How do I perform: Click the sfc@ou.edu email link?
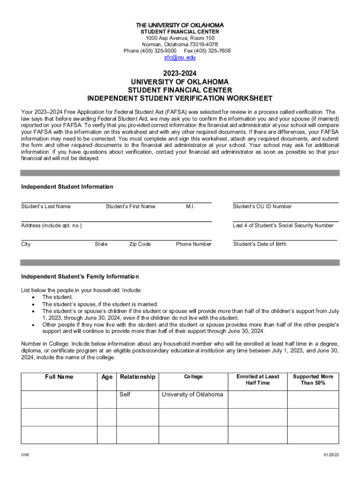click(180, 58)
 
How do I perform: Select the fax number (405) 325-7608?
click(214, 51)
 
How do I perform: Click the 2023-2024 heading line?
click(180, 73)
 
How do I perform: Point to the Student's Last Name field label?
click(46, 206)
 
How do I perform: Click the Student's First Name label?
click(130, 206)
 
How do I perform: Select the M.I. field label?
click(190, 206)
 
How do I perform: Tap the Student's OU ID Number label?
click(262, 206)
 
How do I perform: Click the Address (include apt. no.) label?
click(51, 225)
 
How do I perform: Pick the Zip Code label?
click(140, 244)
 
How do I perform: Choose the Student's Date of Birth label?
click(260, 244)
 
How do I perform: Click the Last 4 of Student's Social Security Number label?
click(283, 225)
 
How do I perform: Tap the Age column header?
click(107, 377)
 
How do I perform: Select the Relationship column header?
click(137, 377)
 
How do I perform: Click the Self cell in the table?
click(125, 394)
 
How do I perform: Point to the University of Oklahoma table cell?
click(192, 394)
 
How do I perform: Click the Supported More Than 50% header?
click(313, 379)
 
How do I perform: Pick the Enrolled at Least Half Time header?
click(258, 379)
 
